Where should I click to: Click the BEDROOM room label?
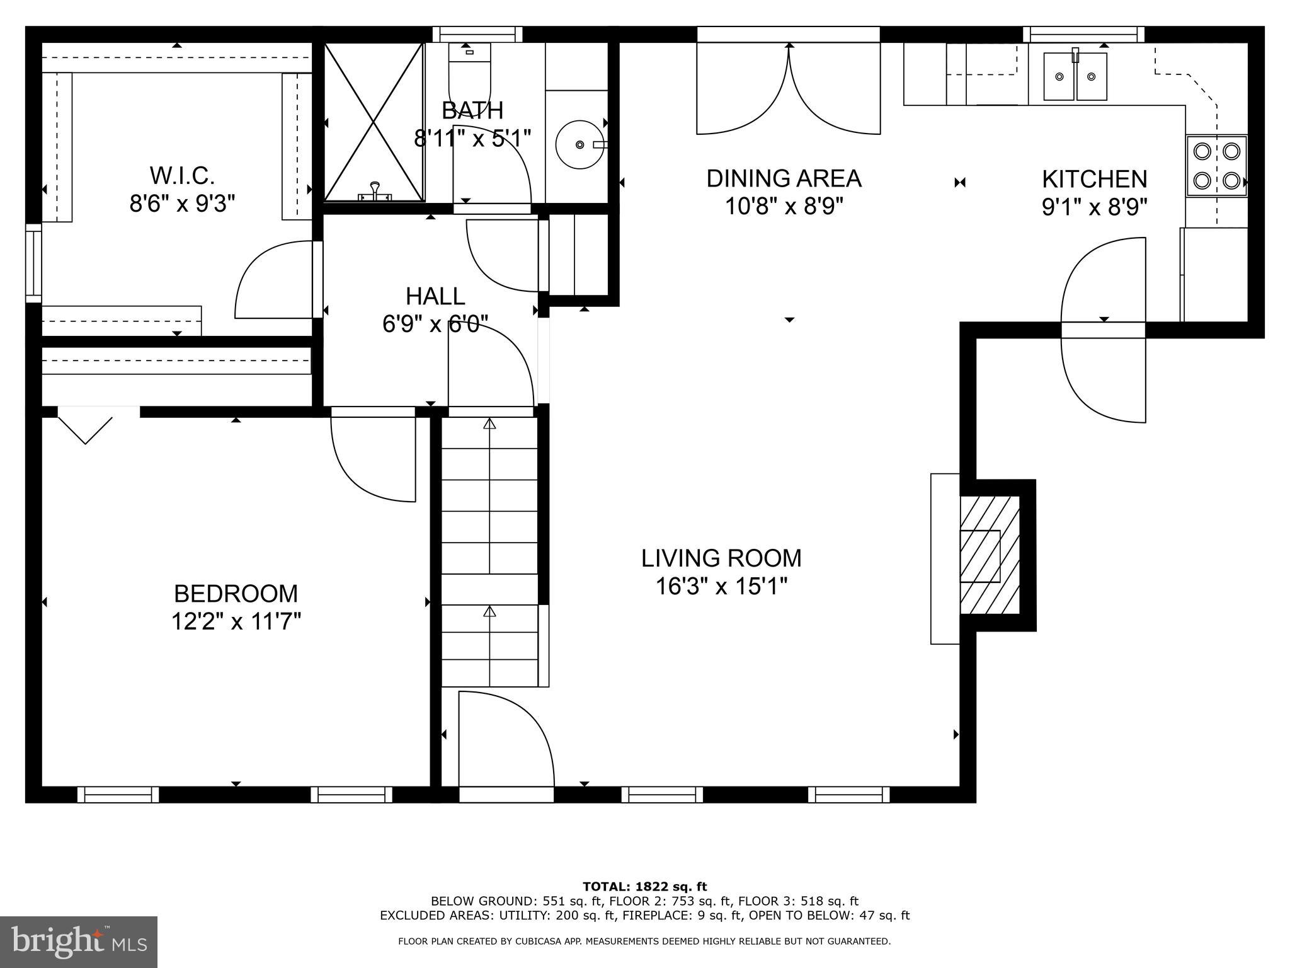236,594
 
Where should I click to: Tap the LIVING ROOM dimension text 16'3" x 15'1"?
721,587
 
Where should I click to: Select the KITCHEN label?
1094,179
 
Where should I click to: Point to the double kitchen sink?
1075,76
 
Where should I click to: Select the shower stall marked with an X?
374,122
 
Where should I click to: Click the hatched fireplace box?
989,555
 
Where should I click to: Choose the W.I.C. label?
182,175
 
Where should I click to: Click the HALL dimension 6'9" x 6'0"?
435,324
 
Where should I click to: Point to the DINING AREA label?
784,178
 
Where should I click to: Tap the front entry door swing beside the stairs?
504,737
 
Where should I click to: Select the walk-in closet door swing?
274,280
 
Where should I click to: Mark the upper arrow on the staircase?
489,423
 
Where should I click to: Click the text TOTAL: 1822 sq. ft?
644,887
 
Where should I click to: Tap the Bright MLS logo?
79,942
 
